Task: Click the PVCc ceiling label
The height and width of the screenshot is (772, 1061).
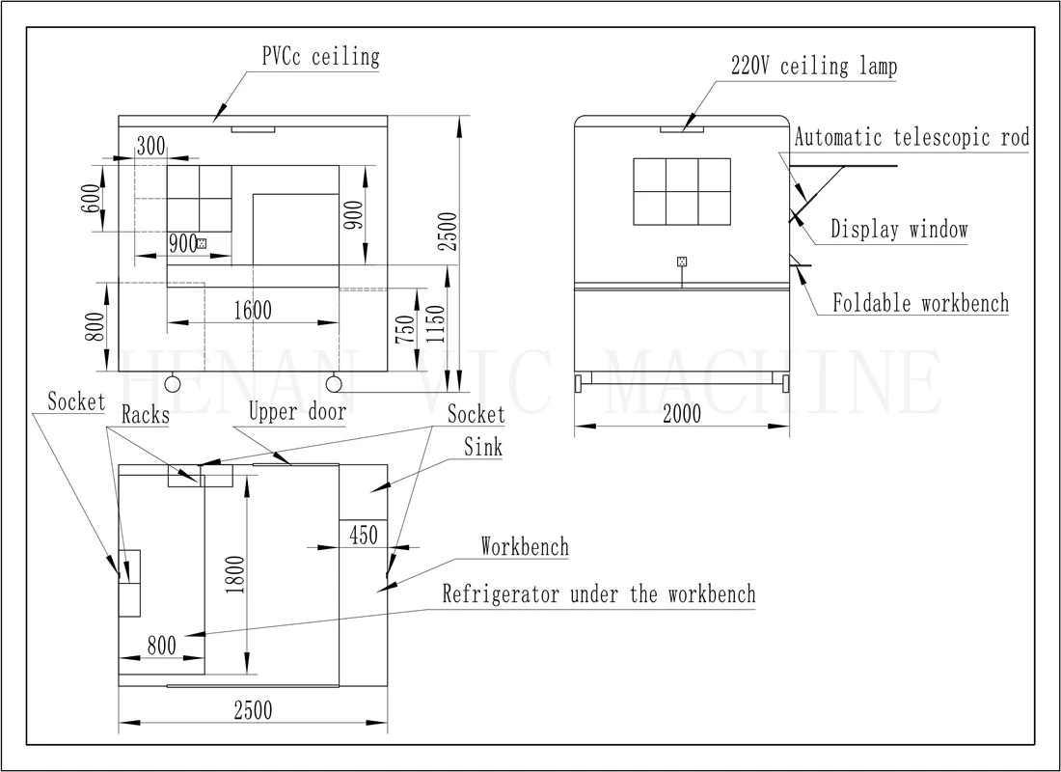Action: pyautogui.click(x=321, y=57)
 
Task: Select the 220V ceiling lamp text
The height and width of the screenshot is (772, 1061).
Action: pyautogui.click(x=814, y=67)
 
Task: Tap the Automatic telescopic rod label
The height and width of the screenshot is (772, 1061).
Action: pyautogui.click(x=912, y=137)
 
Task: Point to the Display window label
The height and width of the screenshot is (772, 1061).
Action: pyautogui.click(x=899, y=230)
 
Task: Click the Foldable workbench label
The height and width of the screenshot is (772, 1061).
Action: pyautogui.click(x=920, y=303)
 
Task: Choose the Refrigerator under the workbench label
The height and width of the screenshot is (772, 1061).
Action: pyautogui.click(x=599, y=594)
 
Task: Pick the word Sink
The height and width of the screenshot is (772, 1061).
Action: pyautogui.click(x=483, y=447)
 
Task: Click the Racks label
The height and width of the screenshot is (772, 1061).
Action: pyautogui.click(x=146, y=415)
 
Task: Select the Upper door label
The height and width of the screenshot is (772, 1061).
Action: pyautogui.click(x=298, y=412)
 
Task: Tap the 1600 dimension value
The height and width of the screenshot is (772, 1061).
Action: pyautogui.click(x=253, y=311)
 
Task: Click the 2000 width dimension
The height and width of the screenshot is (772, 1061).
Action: pyautogui.click(x=681, y=414)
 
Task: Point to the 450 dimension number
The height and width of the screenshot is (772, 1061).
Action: pyautogui.click(x=364, y=536)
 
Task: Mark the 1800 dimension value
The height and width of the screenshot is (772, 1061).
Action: pyautogui.click(x=234, y=575)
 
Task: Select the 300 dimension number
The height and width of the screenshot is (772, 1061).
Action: pyautogui.click(x=150, y=147)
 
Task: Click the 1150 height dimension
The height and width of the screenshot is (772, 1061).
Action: pyautogui.click(x=436, y=324)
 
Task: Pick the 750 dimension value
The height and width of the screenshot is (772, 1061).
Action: pyautogui.click(x=405, y=330)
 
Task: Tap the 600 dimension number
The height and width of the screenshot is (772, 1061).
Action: pyautogui.click(x=91, y=199)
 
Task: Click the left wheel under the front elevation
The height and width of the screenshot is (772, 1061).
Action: pyautogui.click(x=173, y=384)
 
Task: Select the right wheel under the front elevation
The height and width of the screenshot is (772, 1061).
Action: pyautogui.click(x=334, y=384)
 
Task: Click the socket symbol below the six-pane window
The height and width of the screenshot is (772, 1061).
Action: pyautogui.click(x=682, y=262)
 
